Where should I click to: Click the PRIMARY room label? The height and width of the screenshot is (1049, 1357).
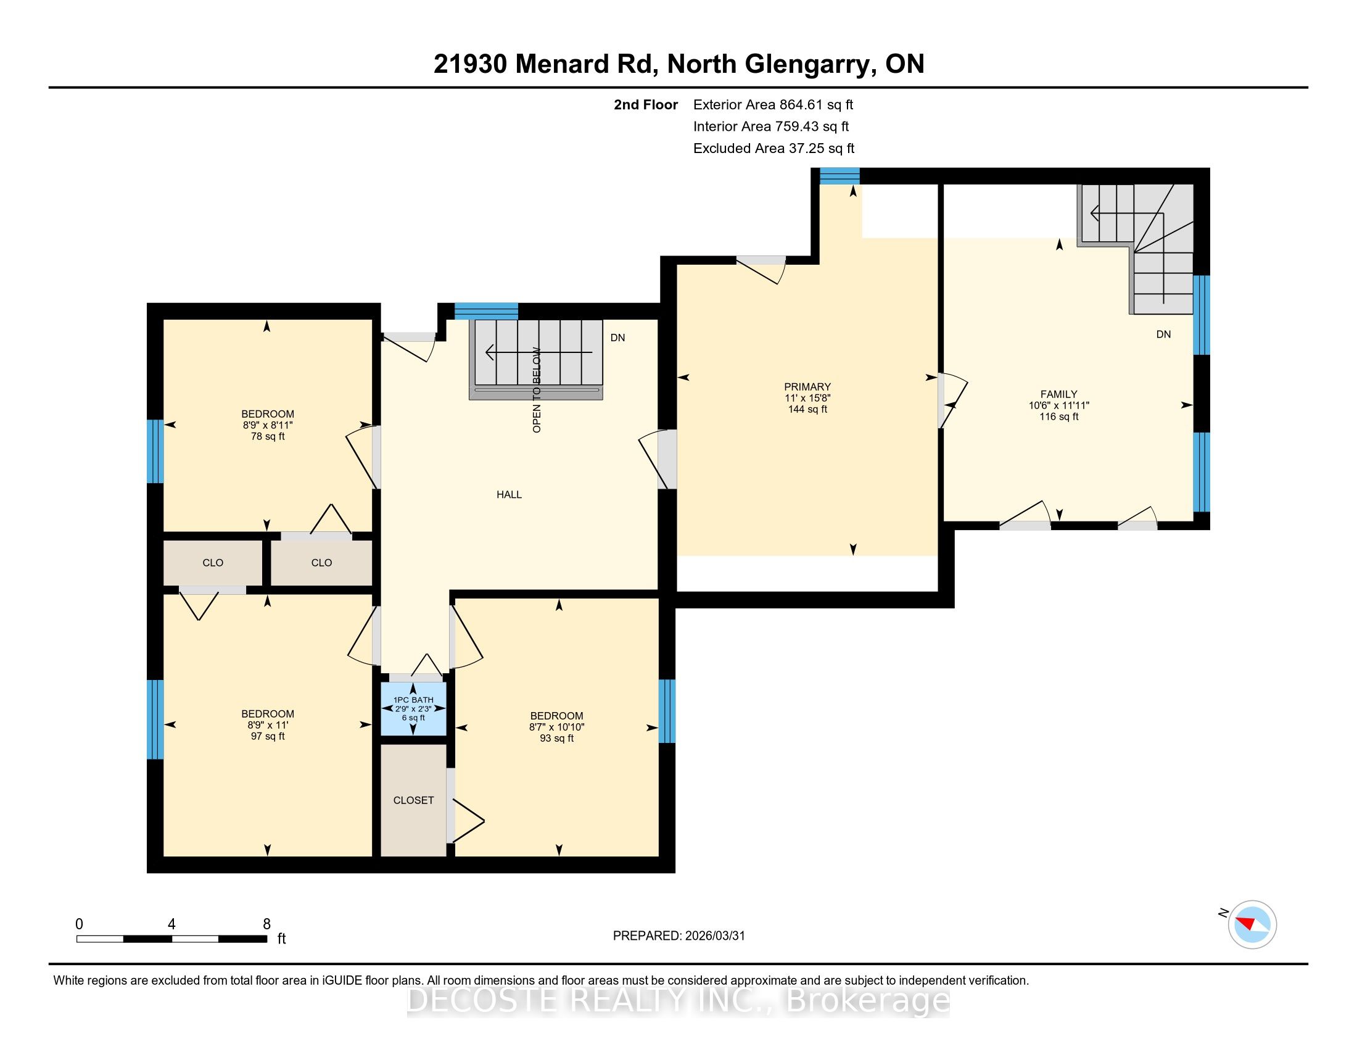click(807, 386)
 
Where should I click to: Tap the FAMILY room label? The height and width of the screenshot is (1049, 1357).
click(1058, 394)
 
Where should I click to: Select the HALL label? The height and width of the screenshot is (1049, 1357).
click(509, 495)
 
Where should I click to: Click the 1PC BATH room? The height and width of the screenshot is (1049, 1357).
click(413, 709)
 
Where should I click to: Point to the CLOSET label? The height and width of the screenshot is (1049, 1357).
click(413, 800)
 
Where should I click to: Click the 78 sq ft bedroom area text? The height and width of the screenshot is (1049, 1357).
click(268, 436)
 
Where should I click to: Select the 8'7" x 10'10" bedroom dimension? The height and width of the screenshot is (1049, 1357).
click(557, 727)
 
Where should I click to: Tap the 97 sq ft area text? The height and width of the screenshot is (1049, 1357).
click(268, 736)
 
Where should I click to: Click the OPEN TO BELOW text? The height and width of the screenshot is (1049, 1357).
click(537, 389)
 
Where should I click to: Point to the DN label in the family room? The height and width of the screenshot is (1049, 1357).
click(1163, 334)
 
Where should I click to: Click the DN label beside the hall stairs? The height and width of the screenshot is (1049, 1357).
click(617, 338)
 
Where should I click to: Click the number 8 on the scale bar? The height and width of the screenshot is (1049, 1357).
click(266, 924)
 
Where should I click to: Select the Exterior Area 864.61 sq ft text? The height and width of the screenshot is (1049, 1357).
click(773, 104)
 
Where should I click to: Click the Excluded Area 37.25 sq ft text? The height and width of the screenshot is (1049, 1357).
click(774, 148)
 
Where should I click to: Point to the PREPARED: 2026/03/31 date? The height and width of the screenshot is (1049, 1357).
click(678, 936)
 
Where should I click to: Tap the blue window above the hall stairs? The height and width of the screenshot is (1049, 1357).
click(487, 311)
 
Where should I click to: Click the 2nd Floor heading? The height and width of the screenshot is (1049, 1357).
click(646, 104)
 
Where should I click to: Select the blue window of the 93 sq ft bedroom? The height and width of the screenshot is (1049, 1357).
click(667, 711)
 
